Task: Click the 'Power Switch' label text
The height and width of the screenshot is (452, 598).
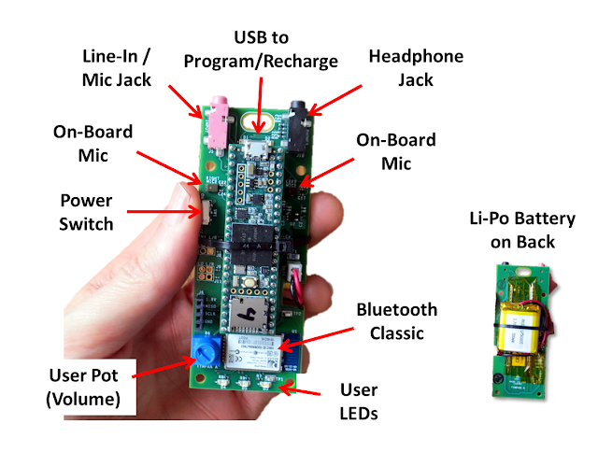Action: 86,212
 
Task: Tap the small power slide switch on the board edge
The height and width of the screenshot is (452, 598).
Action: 199,213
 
